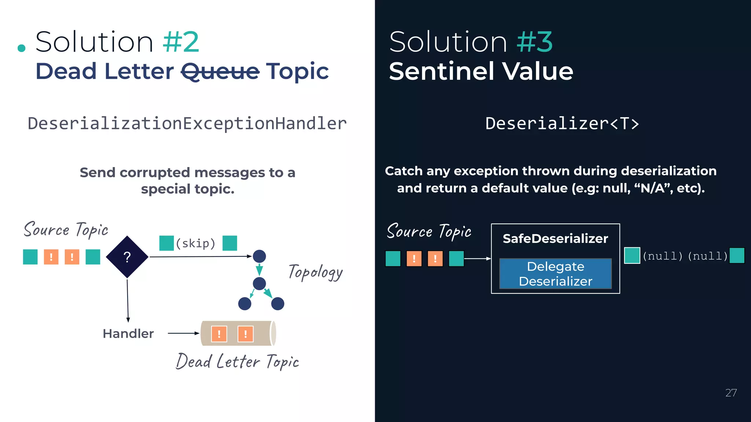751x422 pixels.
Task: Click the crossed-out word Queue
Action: [220, 71]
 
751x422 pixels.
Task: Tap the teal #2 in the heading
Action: [181, 42]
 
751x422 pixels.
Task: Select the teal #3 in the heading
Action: [535, 42]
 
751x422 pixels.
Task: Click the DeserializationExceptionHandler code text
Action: [187, 123]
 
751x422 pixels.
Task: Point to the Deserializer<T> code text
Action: [562, 123]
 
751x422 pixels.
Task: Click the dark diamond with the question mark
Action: [127, 257]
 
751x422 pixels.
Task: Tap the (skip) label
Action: [195, 243]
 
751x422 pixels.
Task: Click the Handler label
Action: [128, 333]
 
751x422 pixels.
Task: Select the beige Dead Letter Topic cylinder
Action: [238, 333]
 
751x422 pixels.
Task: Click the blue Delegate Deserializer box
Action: [555, 274]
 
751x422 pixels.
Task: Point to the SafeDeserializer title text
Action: [555, 238]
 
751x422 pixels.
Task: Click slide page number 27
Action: [731, 393]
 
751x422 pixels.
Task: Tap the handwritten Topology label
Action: [315, 272]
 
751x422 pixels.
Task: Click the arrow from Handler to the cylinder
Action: [183, 333]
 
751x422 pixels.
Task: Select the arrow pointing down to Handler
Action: [128, 300]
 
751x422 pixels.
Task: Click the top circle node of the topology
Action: [259, 256]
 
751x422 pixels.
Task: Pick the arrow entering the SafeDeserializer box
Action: [477, 259]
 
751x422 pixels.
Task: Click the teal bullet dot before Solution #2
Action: [22, 48]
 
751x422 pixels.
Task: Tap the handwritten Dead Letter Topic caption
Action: [237, 362]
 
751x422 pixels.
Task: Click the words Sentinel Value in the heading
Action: [481, 71]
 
